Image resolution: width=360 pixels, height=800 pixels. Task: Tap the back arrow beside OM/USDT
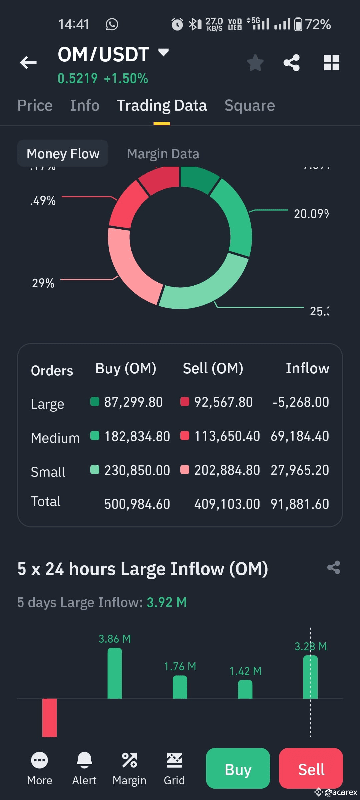(28, 62)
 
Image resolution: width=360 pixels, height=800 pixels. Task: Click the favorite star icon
(255, 63)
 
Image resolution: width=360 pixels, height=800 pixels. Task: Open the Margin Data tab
(163, 154)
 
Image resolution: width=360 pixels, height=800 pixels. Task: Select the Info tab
(85, 105)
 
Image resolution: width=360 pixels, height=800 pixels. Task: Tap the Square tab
(250, 105)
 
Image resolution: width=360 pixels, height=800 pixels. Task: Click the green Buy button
(238, 769)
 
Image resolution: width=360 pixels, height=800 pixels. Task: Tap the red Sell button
(311, 769)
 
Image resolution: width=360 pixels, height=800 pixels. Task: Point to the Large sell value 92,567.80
(223, 402)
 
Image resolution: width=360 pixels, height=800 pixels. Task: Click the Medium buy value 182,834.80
(137, 436)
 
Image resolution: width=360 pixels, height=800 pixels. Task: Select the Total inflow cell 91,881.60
(300, 504)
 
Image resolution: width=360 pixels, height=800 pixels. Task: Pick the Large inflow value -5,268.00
(301, 402)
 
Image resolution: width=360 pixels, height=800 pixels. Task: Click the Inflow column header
(307, 368)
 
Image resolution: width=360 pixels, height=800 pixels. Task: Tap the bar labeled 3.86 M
(115, 673)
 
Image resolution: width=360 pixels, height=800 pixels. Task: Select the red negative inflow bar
(49, 717)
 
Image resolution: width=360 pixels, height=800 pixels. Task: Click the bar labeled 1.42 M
(245, 689)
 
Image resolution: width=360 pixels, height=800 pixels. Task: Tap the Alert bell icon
(84, 760)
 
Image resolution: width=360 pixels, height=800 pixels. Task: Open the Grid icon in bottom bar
(174, 760)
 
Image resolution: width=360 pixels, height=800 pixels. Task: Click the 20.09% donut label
(311, 214)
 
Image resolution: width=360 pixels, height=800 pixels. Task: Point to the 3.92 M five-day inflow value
(167, 602)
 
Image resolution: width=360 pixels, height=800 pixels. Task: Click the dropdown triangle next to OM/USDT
(163, 52)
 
